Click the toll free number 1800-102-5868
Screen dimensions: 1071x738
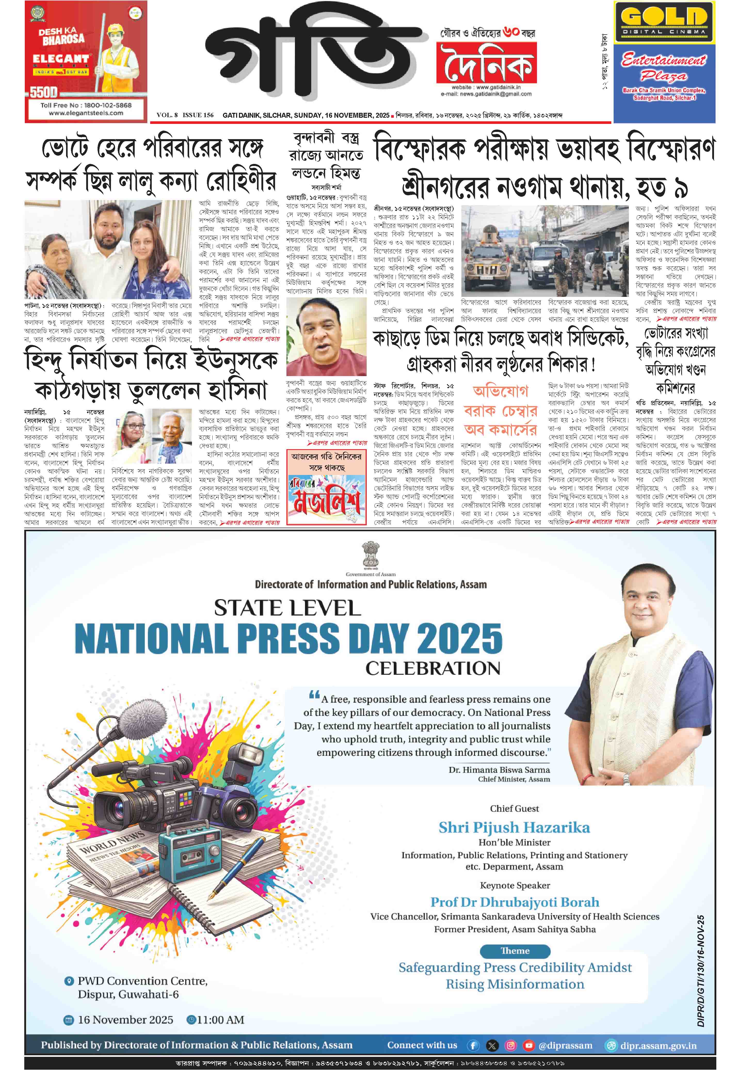click(86, 105)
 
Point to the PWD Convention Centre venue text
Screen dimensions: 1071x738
click(142, 981)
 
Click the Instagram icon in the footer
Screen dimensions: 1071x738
click(510, 1045)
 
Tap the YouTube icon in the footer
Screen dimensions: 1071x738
click(528, 1045)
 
